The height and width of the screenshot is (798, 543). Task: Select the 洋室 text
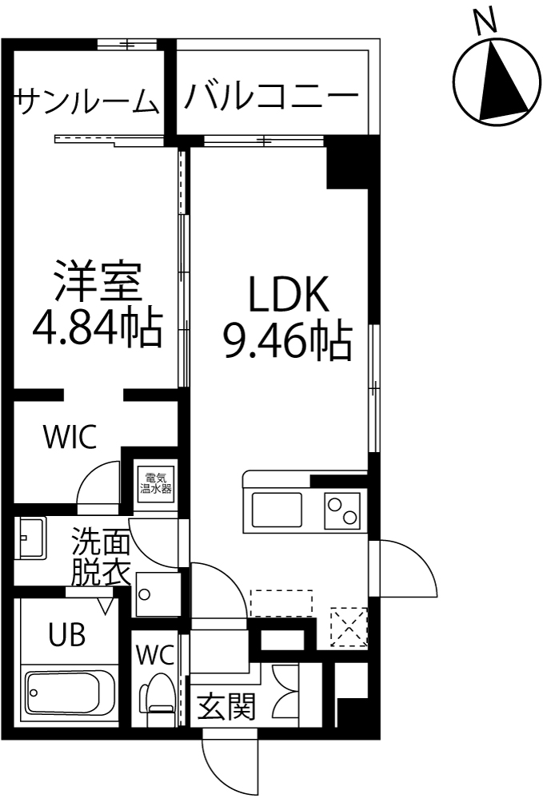coord(98,281)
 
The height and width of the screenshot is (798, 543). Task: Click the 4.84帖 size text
coord(98,328)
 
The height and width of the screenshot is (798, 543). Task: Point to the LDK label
coord(289,296)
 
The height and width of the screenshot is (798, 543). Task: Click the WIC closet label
coord(70,437)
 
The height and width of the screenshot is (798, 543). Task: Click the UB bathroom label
coord(66,634)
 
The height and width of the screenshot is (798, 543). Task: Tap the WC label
coord(155,656)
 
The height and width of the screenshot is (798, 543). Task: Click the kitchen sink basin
coord(277,510)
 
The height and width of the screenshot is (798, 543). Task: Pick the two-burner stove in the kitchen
coord(342,510)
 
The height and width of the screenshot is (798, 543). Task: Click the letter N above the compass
coord(485,22)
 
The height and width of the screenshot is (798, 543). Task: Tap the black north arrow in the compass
coord(501,81)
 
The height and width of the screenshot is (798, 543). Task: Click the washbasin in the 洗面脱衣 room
coord(30,538)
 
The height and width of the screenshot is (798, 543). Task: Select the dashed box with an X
coord(349,626)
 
